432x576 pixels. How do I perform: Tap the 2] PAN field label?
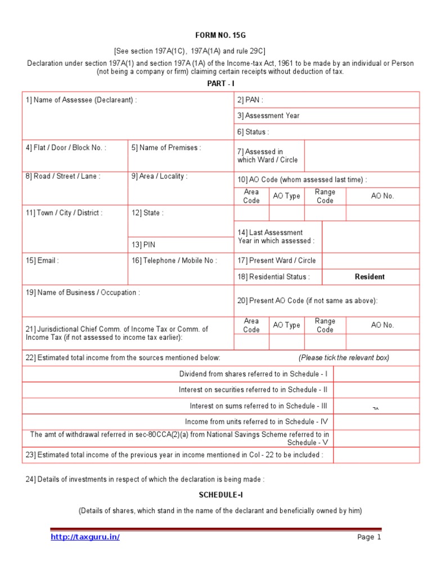click(250, 100)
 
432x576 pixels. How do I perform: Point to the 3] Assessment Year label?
click(268, 116)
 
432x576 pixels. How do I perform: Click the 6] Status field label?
click(253, 132)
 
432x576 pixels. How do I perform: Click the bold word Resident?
click(370, 277)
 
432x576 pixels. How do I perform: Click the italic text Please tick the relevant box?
click(344, 358)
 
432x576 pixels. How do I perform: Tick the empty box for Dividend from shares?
click(376, 374)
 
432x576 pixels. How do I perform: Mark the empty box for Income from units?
click(376, 422)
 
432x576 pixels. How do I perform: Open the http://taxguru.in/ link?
click(85, 537)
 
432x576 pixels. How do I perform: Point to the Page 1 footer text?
click(369, 537)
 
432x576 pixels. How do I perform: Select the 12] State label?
click(147, 213)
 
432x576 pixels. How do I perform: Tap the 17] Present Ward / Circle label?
click(276, 260)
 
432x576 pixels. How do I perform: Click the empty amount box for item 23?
click(376, 455)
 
